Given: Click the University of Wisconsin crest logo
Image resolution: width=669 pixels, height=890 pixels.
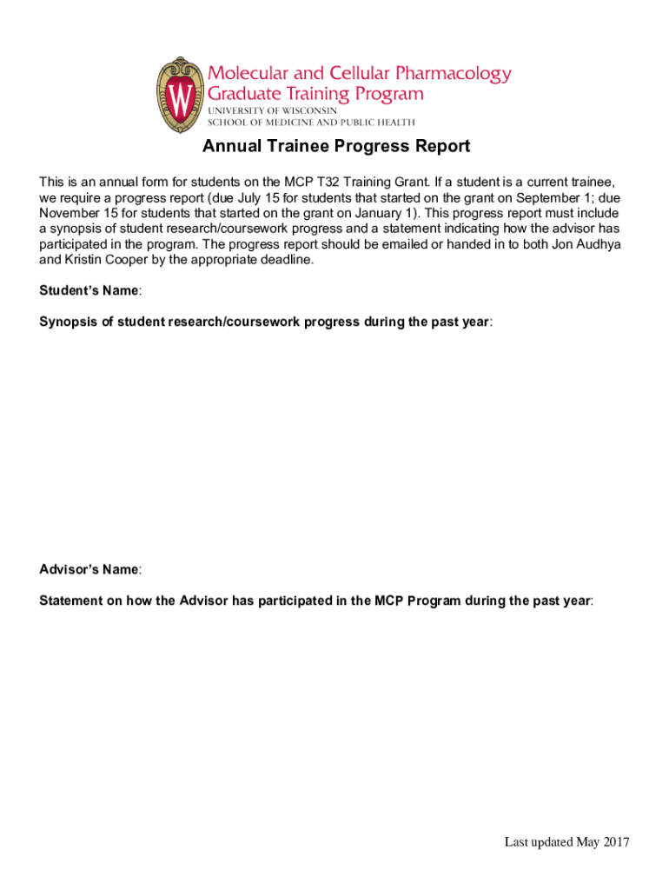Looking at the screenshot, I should click(180, 95).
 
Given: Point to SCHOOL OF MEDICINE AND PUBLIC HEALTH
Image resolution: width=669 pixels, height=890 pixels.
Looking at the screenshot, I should click(310, 123).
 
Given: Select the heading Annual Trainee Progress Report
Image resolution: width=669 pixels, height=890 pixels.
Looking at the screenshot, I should click(336, 146).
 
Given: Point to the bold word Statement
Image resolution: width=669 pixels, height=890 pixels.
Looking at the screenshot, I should click(70, 601).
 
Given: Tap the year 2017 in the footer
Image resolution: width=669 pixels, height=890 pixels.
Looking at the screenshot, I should click(614, 841).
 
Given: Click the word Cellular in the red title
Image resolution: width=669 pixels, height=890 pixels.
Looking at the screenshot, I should click(352, 73).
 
